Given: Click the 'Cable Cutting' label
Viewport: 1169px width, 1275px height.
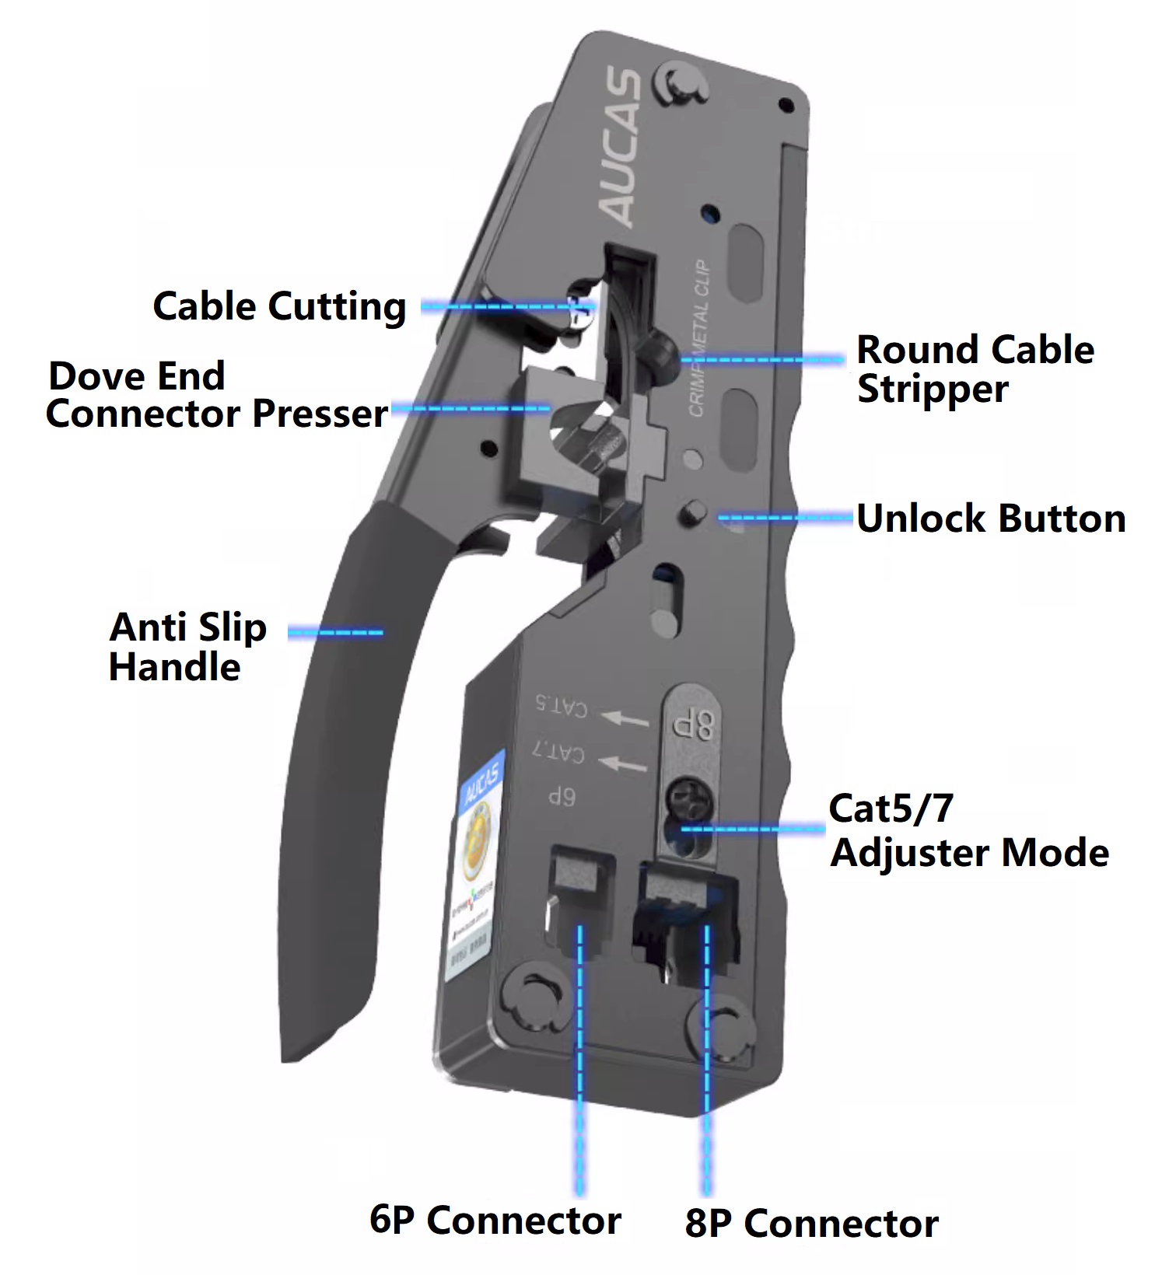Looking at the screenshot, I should [279, 306].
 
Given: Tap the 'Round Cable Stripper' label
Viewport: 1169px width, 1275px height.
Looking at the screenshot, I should [975, 369].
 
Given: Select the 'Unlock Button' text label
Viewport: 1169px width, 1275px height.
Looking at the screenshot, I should [991, 519].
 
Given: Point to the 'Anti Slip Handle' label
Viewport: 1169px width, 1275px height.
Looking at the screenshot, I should [187, 647].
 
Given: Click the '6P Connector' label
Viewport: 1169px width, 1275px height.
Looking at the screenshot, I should [495, 1220].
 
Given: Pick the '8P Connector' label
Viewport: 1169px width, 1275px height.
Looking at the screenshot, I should [811, 1224].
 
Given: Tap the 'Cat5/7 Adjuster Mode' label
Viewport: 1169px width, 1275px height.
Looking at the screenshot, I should [968, 831].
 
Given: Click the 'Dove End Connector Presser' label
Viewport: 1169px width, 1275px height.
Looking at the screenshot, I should [216, 395].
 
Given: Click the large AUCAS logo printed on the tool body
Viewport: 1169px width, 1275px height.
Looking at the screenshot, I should [621, 147].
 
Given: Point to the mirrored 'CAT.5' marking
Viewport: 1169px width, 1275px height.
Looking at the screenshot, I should [561, 706].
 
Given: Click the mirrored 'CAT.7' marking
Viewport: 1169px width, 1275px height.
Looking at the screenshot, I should [558, 751].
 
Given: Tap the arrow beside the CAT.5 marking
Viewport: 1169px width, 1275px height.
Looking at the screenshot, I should [627, 718].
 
